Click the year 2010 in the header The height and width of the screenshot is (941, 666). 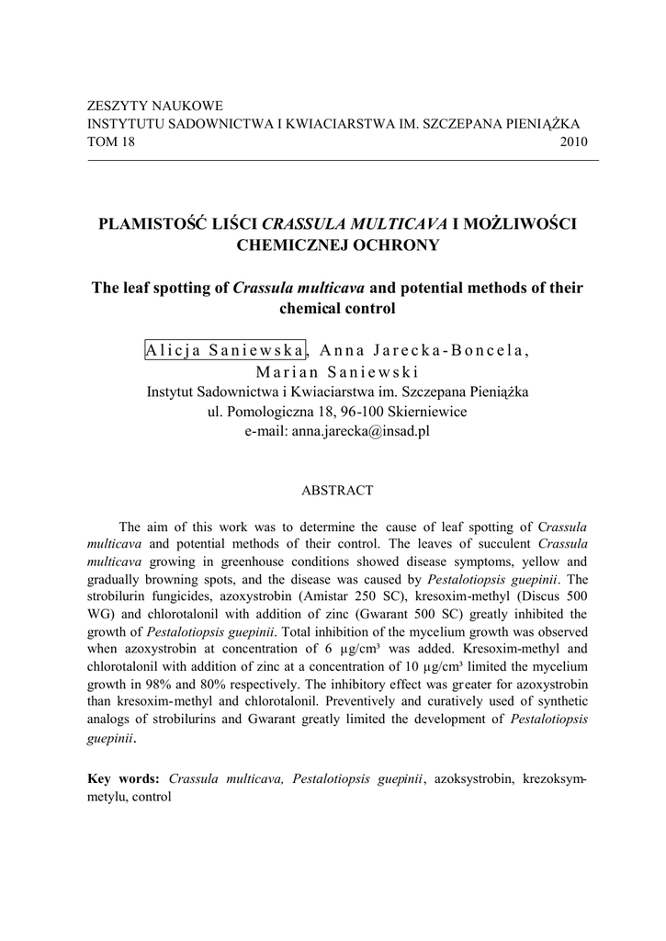coord(573,142)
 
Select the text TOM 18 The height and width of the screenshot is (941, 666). coord(109,142)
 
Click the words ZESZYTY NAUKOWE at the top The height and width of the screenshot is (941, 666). coord(154,107)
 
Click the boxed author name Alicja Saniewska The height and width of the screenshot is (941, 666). coord(225,350)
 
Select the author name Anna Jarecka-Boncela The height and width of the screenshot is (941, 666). coord(423,350)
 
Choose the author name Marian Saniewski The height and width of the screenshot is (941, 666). coord(337,372)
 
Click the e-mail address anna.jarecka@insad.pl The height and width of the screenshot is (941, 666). coord(361,430)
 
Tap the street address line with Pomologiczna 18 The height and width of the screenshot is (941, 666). coord(337,411)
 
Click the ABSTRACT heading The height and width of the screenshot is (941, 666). coord(337,491)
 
